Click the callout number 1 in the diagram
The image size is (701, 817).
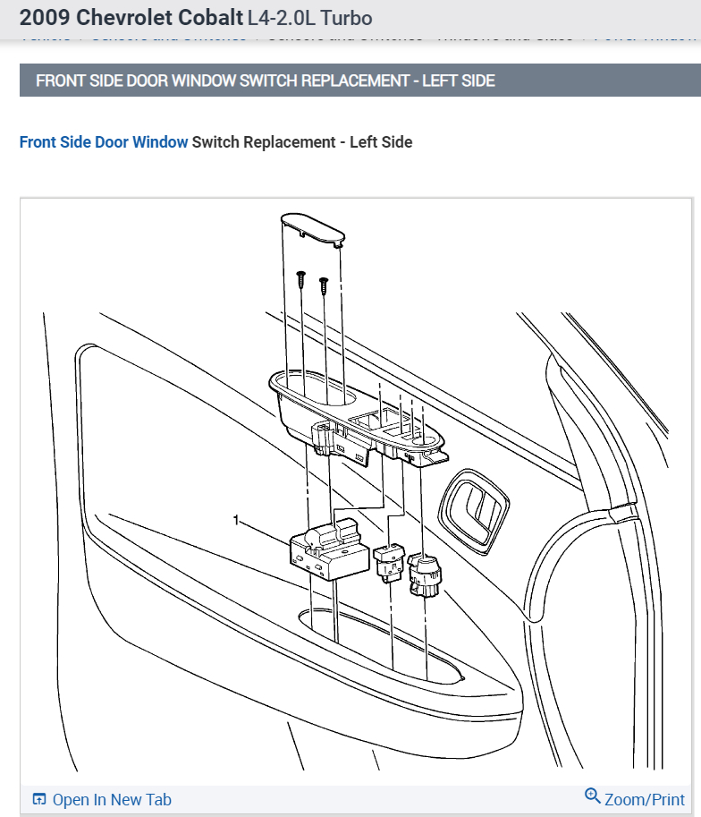(x=237, y=520)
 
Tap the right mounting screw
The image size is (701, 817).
(x=324, y=285)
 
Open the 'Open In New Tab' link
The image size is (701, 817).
(x=112, y=800)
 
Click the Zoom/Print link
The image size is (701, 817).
(x=644, y=800)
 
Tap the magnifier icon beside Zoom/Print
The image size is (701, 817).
(x=592, y=796)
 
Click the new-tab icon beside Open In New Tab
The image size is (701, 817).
(x=38, y=800)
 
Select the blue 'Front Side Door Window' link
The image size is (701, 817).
(x=104, y=142)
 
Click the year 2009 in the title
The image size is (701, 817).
(x=45, y=18)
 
